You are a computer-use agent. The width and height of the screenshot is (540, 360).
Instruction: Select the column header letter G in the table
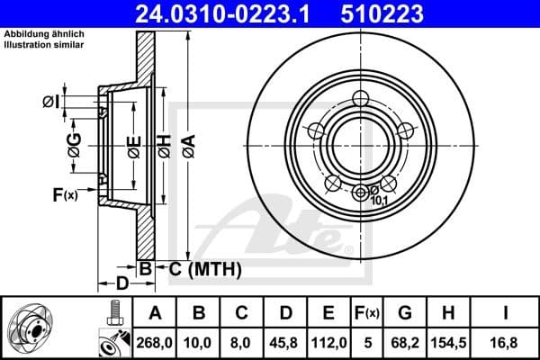tap(405, 312)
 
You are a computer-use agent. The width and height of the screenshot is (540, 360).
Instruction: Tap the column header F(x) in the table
tap(366, 312)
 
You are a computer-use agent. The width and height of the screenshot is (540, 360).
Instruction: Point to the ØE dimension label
tap(132, 144)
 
